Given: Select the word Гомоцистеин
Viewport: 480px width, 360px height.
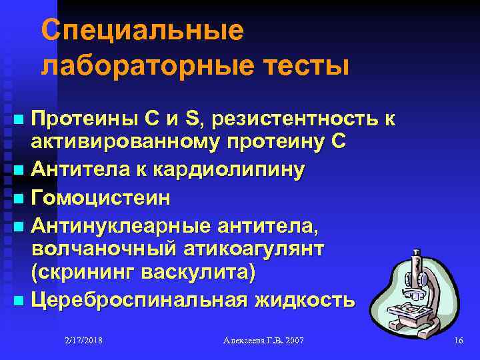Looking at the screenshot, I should (101, 198).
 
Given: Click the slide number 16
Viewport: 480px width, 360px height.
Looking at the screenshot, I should (458, 340).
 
